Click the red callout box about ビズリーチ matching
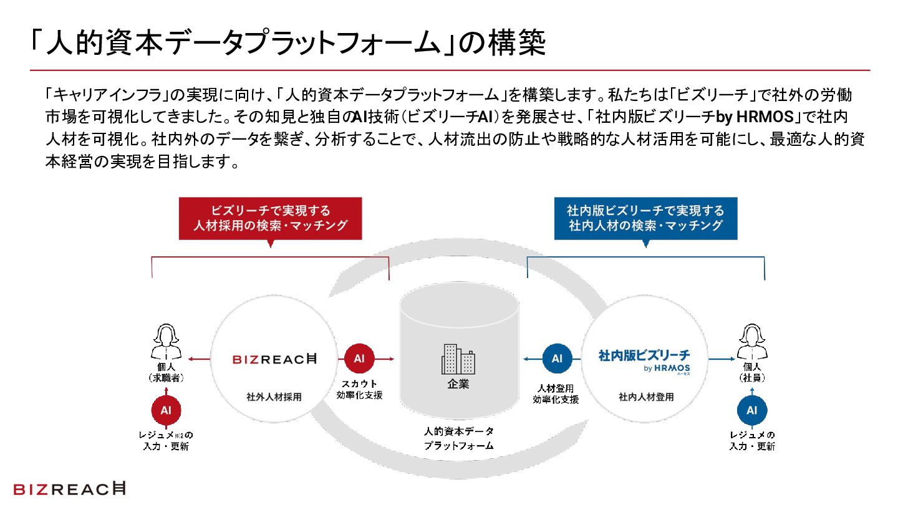pos(270,218)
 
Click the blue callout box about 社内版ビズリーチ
pos(645,218)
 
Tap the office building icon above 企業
pos(458,358)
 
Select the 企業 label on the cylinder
pos(458,384)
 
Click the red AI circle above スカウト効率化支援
pos(359,358)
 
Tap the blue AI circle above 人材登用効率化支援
pos(557,358)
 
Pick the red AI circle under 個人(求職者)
pos(166,410)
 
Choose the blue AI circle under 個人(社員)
pos(752,410)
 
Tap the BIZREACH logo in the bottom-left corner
pos(69,489)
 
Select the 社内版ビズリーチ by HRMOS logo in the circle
pos(644,360)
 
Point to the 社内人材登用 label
pos(646,397)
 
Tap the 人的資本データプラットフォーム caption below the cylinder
pos(458,438)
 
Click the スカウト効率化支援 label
pos(359,389)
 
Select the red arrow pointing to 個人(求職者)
pos(200,358)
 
